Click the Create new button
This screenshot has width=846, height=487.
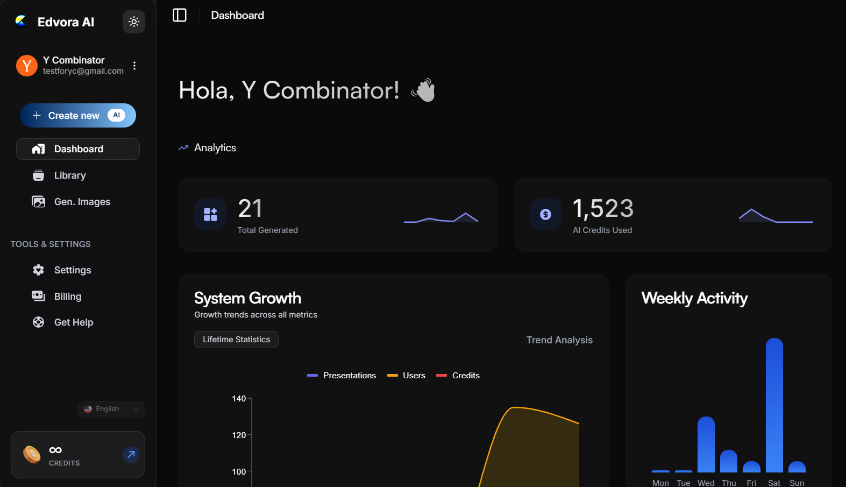78,116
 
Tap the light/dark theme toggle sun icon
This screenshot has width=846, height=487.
134,22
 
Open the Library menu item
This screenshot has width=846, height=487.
69,175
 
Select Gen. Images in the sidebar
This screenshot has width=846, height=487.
82,202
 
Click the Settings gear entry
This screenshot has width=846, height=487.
72,270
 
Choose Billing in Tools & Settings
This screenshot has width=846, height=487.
67,297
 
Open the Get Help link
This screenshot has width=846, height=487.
73,322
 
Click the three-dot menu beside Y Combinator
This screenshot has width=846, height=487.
134,66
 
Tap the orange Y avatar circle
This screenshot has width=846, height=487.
27,66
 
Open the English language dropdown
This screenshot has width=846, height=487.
111,409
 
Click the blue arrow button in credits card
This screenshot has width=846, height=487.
131,455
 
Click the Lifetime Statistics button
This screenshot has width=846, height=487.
236,340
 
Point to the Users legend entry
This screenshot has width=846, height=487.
407,376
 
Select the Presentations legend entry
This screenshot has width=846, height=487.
342,376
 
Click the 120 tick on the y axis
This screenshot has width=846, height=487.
239,435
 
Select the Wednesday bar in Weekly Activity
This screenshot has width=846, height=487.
706,444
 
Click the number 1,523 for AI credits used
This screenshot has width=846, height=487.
603,209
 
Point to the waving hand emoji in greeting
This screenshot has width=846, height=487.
424,90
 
